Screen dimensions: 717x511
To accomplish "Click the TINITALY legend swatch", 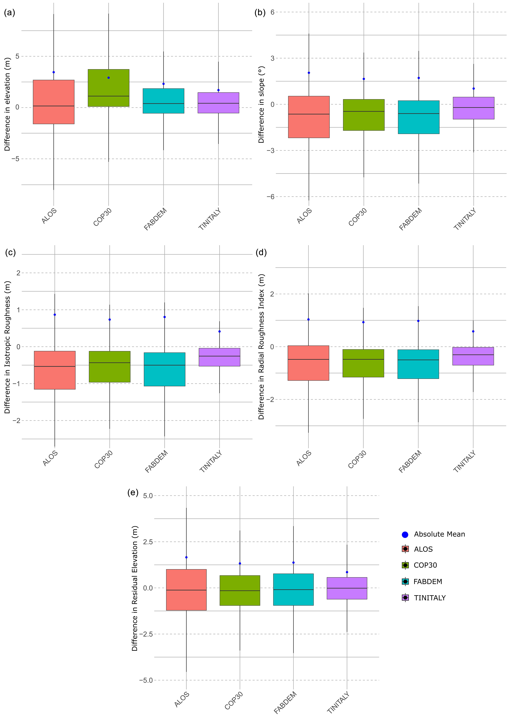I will click(405, 598).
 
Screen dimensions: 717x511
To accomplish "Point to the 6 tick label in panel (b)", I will click(272, 12).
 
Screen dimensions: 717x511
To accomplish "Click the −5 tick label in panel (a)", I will click(15, 159).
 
